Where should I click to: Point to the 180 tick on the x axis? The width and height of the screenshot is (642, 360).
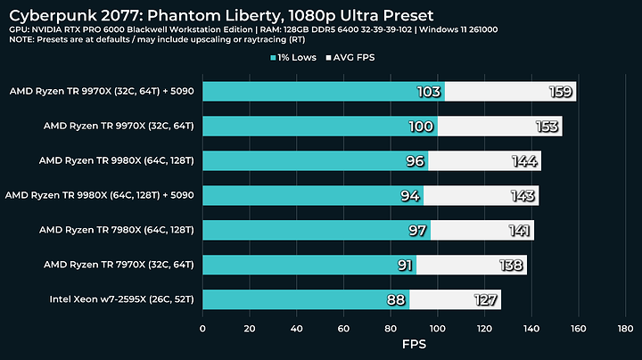(625, 328)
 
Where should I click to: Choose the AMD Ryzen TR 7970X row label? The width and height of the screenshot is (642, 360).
(123, 264)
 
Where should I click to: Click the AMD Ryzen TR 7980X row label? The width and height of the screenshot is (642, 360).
(120, 230)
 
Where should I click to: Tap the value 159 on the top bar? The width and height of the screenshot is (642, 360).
(561, 92)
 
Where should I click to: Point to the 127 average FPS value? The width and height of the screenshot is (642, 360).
(486, 299)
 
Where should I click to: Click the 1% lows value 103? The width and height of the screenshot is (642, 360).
(429, 92)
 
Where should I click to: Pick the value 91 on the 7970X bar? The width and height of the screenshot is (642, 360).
(404, 265)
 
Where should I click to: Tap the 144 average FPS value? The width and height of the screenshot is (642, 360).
(525, 161)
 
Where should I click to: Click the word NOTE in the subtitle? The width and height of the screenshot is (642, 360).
(21, 41)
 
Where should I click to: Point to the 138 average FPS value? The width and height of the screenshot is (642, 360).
(512, 265)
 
